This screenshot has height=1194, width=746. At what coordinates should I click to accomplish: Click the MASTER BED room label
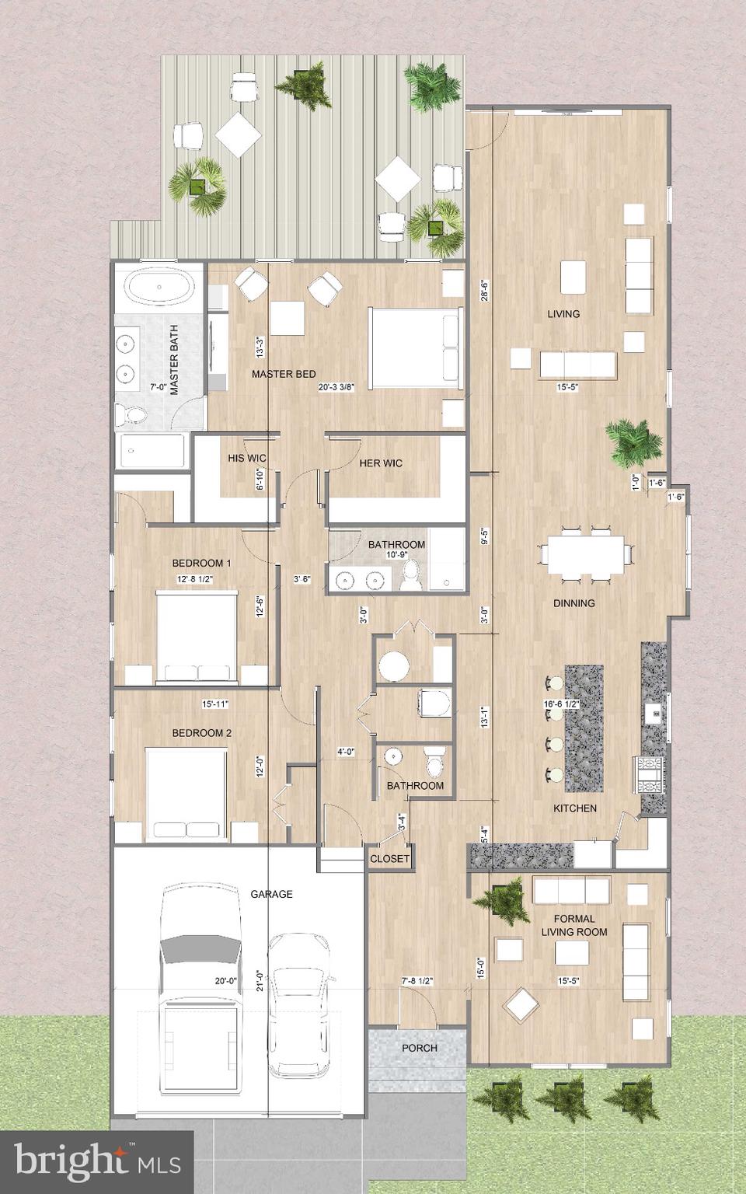pyautogui.click(x=284, y=374)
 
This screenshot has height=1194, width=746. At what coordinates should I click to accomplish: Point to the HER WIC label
pyautogui.click(x=381, y=463)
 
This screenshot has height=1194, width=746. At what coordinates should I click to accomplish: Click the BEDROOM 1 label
pyautogui.click(x=201, y=563)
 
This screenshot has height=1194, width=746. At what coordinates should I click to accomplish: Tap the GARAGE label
pyautogui.click(x=271, y=894)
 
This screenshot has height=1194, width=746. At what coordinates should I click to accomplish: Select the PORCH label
pyautogui.click(x=419, y=1048)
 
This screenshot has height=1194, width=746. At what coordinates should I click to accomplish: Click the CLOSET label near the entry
pyautogui.click(x=389, y=859)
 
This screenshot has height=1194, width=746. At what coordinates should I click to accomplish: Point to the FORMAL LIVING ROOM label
pyautogui.click(x=574, y=925)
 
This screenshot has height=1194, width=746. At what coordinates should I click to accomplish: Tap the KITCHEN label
pyautogui.click(x=574, y=808)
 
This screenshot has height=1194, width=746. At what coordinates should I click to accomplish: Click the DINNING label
pyautogui.click(x=574, y=603)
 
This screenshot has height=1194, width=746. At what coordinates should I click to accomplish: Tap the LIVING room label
pyautogui.click(x=563, y=314)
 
